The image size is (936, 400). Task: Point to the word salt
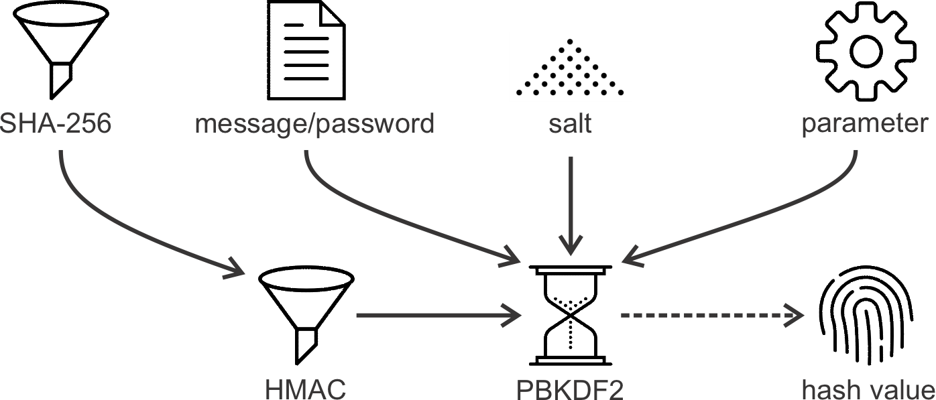pyautogui.click(x=569, y=125)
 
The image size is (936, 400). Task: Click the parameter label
pyautogui.click(x=865, y=125)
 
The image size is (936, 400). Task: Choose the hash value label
pyautogui.click(x=868, y=389)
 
